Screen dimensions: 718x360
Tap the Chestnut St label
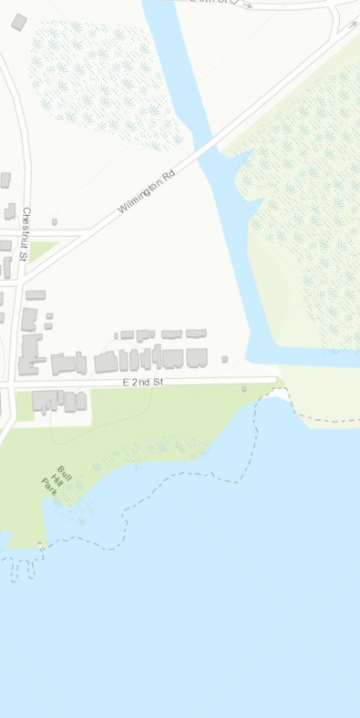coord(26,235)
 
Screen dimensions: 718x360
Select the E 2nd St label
coord(142,383)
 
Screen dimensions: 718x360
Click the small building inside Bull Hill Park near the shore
coord(243,389)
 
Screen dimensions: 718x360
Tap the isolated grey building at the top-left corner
coord(19,22)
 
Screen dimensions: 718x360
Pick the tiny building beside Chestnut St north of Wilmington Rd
coord(55,221)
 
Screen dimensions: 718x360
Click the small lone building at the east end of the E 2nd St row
coord(224,359)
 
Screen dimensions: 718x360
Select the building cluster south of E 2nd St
coord(59,400)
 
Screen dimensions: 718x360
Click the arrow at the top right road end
coord(354,25)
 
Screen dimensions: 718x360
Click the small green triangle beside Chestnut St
coord(42,248)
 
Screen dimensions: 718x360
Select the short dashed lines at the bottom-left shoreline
coord(22,568)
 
